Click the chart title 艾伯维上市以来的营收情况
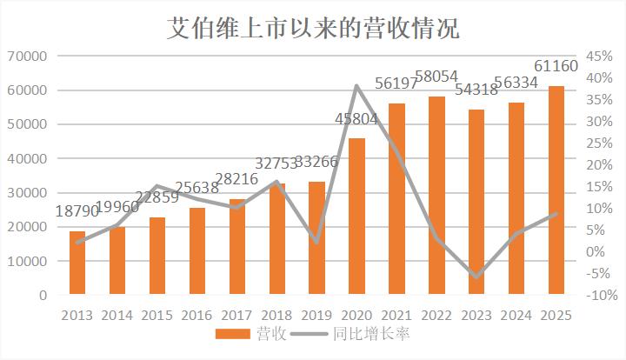tap(313, 28)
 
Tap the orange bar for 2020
tap(357, 217)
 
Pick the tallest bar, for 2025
tap(556, 190)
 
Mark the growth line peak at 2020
tap(357, 85)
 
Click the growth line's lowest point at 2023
tap(476, 277)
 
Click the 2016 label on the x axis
tap(197, 314)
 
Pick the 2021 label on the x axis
tap(396, 314)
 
